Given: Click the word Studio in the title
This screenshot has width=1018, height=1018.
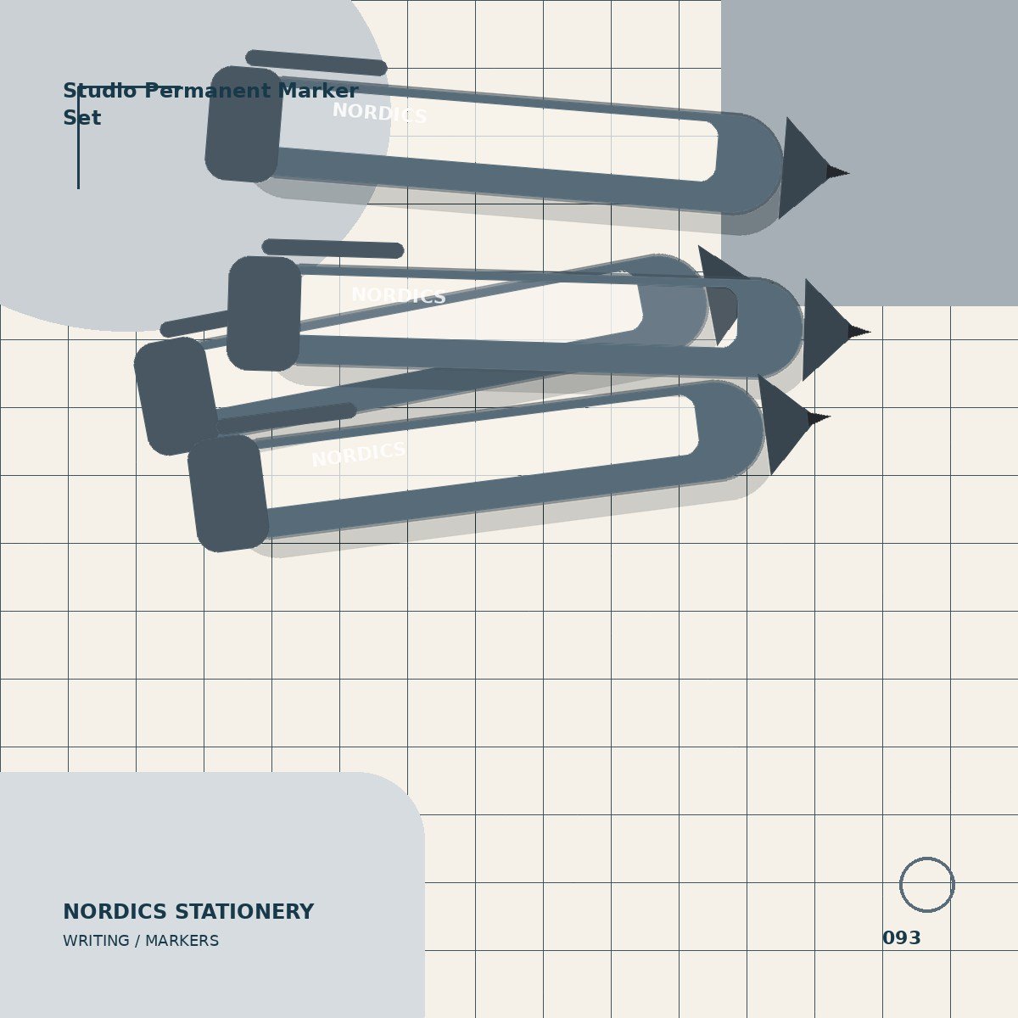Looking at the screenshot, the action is point(99,91).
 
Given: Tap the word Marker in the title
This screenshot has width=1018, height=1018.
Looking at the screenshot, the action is point(319,91).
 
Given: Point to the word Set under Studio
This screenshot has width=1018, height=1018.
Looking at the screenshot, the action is point(82,118).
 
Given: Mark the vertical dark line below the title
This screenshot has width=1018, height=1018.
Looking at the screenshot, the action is point(78,137).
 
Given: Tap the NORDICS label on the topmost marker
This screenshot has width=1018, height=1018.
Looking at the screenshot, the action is point(379,113).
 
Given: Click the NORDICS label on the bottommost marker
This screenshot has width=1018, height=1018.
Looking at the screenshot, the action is point(358,455).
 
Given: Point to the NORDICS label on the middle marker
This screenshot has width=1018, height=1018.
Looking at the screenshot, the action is point(399,295).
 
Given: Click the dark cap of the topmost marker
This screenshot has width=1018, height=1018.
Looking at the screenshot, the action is point(244,124).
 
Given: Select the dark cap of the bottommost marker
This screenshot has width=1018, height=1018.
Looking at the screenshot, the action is point(228,494).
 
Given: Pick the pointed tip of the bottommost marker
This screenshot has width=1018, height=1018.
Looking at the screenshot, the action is point(830,417).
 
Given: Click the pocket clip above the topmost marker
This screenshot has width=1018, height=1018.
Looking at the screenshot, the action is point(316,63).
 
